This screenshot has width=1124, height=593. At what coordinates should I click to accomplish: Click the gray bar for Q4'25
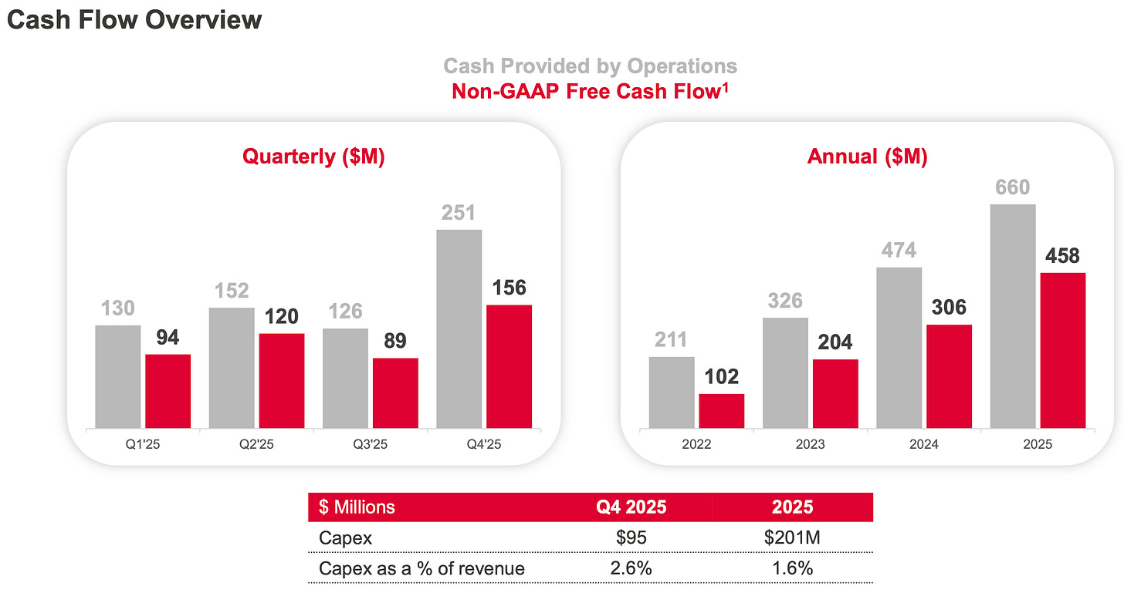(459, 329)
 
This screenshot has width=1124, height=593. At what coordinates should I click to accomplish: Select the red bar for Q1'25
(168, 391)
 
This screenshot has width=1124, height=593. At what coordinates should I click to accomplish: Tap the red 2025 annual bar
(1062, 350)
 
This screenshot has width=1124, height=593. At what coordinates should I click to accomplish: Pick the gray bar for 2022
(671, 392)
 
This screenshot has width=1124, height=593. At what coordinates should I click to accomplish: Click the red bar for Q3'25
(395, 393)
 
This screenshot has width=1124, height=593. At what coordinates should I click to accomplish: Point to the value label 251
(459, 213)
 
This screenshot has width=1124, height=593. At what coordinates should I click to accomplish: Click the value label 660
(1012, 187)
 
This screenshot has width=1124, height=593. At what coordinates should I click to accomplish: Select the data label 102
(721, 376)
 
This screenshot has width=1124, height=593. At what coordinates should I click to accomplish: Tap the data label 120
(282, 316)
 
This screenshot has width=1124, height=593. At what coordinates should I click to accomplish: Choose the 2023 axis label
(810, 445)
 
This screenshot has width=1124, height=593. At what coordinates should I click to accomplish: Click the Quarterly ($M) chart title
(313, 157)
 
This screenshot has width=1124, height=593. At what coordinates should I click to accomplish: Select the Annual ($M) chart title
(867, 157)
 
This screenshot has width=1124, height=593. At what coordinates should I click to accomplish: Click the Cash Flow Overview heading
(134, 20)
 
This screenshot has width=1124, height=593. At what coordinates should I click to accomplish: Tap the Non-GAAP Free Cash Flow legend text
(591, 91)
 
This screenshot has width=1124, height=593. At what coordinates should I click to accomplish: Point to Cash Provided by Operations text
(590, 66)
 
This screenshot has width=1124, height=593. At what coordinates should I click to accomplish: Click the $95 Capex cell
(631, 537)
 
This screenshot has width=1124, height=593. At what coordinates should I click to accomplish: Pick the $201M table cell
(792, 537)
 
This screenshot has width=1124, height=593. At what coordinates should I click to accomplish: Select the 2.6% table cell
(631, 569)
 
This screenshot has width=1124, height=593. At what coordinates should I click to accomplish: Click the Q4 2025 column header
(631, 507)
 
